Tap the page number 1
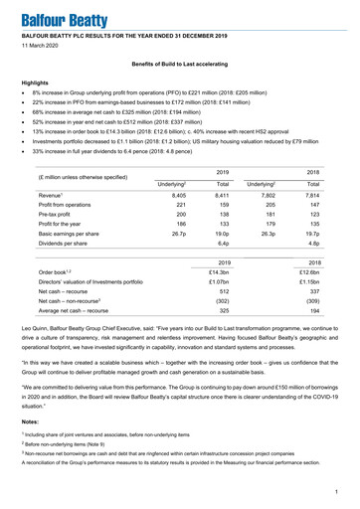click(x=339, y=489)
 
